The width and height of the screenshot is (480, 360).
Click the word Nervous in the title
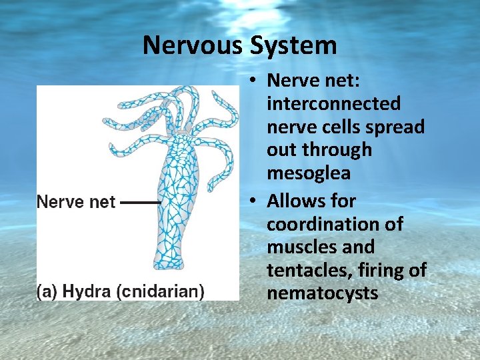[193, 45]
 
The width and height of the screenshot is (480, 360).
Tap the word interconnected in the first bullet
[333, 103]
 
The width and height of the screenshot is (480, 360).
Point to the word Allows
[311, 201]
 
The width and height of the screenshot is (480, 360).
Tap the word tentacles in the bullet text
[306, 270]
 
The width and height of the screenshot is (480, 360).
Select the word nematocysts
[322, 293]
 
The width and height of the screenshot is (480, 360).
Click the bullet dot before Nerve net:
[256, 81]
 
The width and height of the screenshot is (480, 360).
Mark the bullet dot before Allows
[256, 201]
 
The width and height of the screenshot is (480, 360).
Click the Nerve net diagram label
[76, 201]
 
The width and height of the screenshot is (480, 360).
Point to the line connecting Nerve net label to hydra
[141, 201]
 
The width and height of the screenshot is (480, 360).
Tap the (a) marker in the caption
[46, 291]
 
